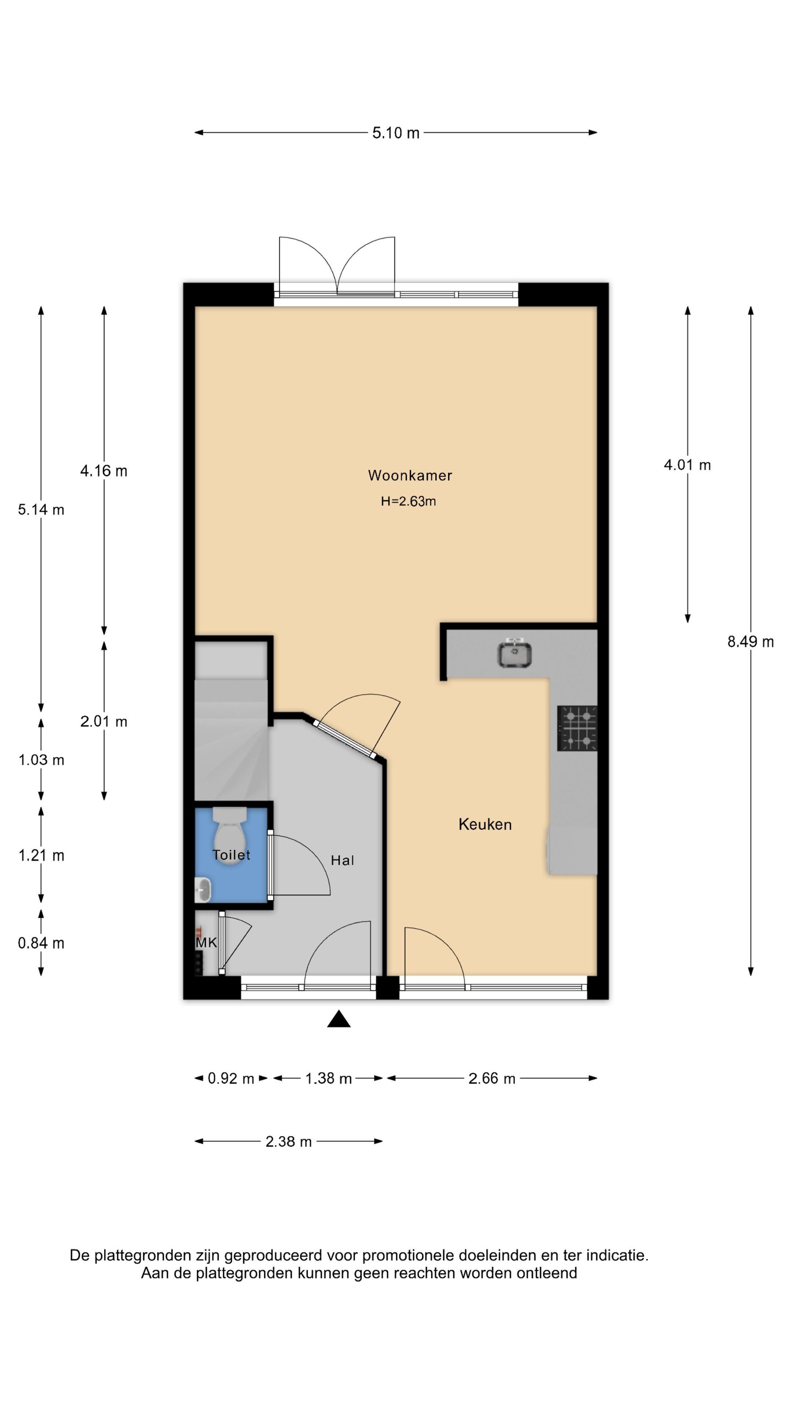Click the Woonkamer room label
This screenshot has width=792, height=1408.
point(410,476)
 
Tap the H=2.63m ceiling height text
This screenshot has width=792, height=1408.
point(408,501)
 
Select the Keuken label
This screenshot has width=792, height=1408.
point(485,824)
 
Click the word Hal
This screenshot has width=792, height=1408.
point(343,860)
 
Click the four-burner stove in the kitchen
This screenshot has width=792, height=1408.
point(577,728)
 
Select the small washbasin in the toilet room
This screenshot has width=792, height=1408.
point(203,890)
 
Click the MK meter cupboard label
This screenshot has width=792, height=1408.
point(207,942)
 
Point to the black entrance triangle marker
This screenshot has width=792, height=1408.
point(339,1019)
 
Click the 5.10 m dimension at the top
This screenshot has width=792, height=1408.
point(396,133)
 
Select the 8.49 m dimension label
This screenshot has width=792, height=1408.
point(750,642)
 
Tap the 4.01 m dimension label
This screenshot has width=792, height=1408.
point(687,465)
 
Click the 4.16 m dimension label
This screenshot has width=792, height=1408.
point(104,471)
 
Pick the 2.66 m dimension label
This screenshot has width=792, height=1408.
point(492,1078)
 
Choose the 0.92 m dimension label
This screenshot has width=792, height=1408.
point(231,1078)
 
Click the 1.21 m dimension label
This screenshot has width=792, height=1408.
point(42,856)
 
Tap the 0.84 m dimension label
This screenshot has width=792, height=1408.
point(41,943)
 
